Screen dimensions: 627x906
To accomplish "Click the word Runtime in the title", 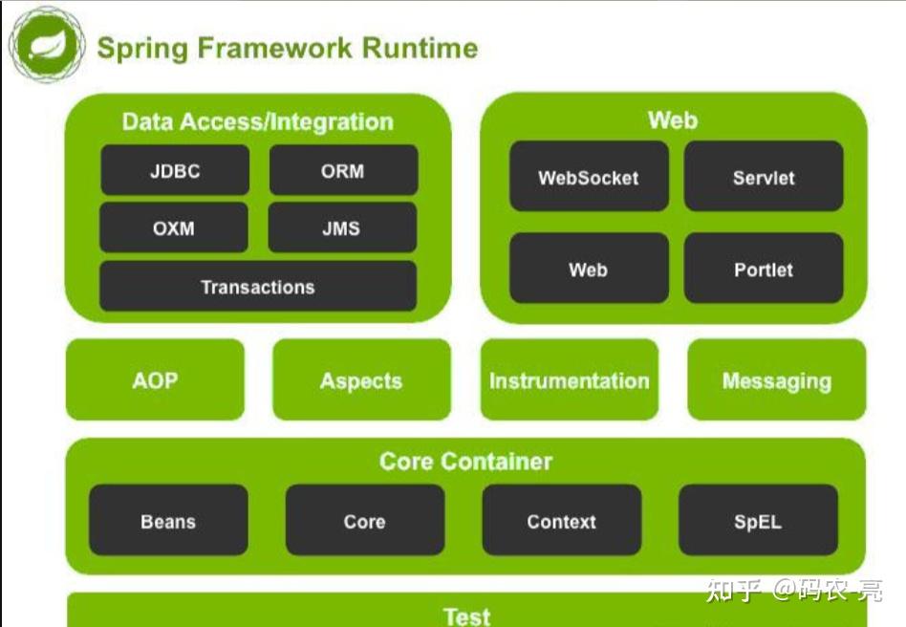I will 417,48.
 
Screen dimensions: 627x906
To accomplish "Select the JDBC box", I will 174,171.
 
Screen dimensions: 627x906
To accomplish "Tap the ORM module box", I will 343,171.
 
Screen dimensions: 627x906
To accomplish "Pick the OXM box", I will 173,228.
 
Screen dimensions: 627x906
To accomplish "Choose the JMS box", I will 342,228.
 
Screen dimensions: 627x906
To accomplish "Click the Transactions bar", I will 257,287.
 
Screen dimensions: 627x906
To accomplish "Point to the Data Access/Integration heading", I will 257,121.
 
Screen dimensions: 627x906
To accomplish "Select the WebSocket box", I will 588,177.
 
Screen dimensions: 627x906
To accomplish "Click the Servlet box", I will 763,177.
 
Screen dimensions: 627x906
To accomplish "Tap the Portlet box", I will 763,270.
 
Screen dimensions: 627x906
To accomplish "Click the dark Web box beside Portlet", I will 588,270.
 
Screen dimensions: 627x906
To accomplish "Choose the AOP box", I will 155,380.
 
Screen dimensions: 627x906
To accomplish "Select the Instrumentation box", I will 569,380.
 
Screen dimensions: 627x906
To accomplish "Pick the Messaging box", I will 776,380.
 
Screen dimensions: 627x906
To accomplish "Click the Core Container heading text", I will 465,462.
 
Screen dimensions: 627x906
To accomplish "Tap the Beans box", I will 168,521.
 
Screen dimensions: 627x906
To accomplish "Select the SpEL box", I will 757,521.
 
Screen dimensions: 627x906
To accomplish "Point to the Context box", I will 561,521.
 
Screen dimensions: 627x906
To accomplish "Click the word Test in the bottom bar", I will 466,616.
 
